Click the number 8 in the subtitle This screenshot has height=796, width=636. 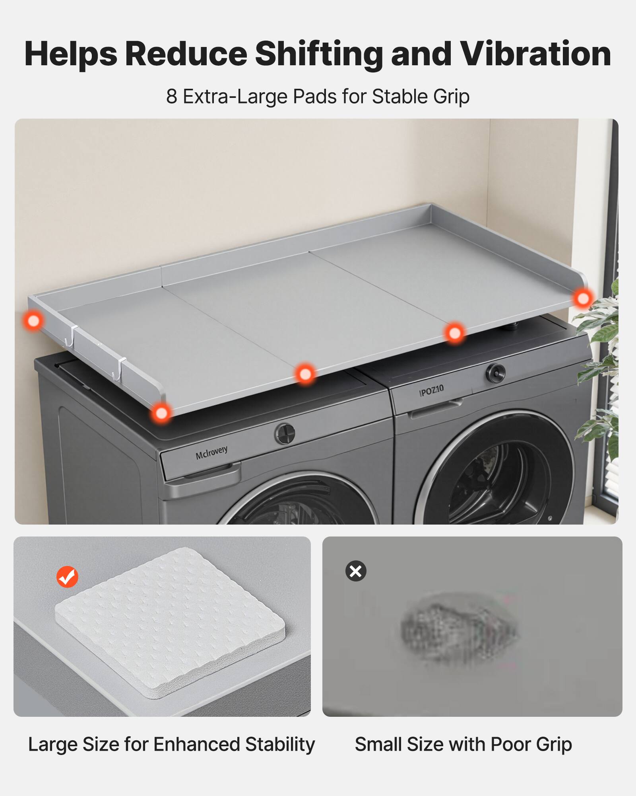coord(171,96)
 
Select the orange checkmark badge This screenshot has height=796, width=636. coord(67,577)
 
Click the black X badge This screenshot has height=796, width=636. coord(356,571)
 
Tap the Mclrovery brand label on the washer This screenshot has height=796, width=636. coord(211,453)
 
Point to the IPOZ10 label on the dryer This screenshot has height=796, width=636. coord(431,390)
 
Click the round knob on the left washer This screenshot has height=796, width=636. coord(285,433)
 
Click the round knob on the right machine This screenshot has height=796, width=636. coord(495,373)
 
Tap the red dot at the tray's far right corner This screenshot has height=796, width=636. coord(583,298)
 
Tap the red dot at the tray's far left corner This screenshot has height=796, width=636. coord(33,320)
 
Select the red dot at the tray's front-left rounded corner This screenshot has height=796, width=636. coord(161,413)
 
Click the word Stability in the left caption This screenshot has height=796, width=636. coord(280,744)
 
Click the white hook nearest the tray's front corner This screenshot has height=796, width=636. coord(118,368)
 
